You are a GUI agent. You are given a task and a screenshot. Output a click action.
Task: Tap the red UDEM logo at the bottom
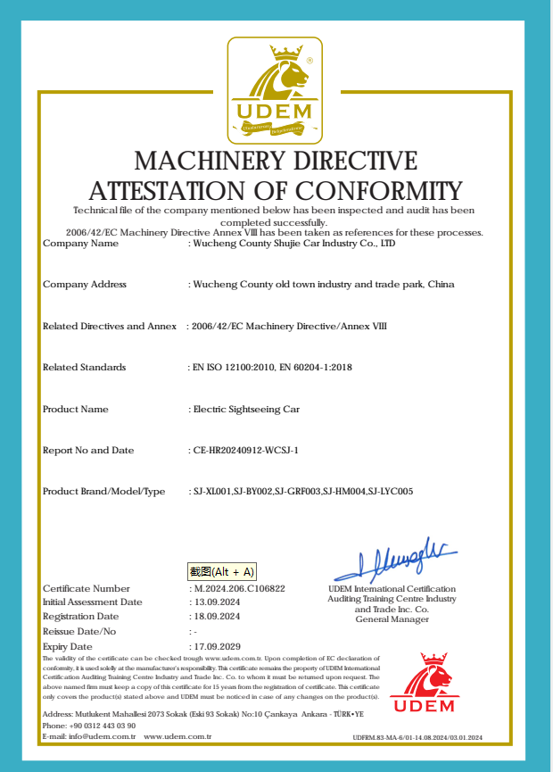(x=423, y=682)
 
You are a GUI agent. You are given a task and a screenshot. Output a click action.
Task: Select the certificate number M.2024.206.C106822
(x=240, y=589)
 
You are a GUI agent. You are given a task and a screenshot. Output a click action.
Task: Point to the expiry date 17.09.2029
(x=217, y=646)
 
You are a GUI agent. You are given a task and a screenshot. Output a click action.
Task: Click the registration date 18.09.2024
(x=217, y=617)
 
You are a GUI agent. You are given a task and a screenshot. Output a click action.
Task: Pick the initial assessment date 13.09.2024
(x=217, y=602)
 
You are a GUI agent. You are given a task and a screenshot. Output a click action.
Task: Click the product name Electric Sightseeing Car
(x=247, y=410)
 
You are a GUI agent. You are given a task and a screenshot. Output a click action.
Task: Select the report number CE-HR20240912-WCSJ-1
(x=245, y=451)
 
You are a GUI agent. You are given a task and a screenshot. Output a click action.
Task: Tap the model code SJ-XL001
(x=212, y=492)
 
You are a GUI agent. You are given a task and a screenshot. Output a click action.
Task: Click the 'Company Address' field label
(x=85, y=285)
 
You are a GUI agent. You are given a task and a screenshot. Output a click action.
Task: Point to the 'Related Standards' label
(x=85, y=368)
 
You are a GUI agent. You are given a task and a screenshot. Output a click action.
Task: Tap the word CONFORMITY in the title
(x=379, y=191)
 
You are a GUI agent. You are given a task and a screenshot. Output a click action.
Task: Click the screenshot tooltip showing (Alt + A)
(x=221, y=572)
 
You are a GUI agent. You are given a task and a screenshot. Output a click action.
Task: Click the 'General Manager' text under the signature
(x=392, y=619)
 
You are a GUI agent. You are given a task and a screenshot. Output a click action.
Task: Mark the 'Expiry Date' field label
(x=68, y=646)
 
